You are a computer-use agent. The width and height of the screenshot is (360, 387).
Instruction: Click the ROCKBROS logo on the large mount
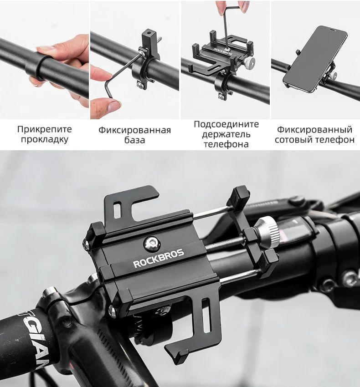click(x=159, y=259)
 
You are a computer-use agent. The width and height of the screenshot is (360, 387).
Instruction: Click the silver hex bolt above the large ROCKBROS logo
click(x=152, y=243)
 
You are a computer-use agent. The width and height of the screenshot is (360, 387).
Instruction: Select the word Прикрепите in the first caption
click(x=45, y=129)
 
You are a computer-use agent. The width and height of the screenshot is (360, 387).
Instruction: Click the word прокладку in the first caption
click(x=45, y=139)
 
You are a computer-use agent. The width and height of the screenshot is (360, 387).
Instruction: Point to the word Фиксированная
click(x=135, y=130)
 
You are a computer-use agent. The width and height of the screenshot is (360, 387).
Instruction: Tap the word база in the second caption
click(x=135, y=140)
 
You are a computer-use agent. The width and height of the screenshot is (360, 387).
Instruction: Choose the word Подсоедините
click(x=226, y=124)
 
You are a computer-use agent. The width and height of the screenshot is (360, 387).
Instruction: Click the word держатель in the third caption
click(x=226, y=134)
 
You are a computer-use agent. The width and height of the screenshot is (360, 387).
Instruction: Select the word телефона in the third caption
click(x=226, y=144)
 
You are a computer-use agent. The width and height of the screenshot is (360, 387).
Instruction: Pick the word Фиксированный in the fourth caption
click(x=314, y=130)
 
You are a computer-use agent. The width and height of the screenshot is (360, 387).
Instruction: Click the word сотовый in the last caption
click(x=294, y=140)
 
